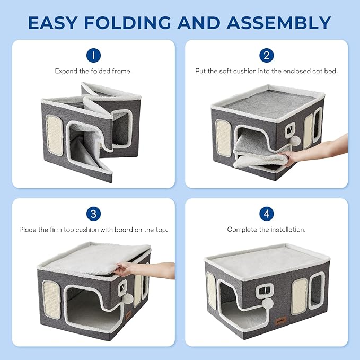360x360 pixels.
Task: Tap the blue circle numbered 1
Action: pos(93,55)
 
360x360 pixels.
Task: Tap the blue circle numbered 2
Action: pos(266,55)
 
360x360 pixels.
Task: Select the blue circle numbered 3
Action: pos(93,214)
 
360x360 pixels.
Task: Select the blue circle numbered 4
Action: pos(266,214)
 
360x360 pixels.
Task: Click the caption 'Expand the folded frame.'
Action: pos(93,71)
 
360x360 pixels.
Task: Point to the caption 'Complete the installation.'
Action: pos(266,230)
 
